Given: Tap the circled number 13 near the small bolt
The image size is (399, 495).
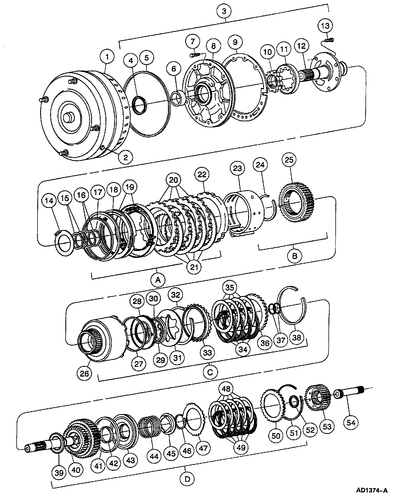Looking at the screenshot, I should (325, 26).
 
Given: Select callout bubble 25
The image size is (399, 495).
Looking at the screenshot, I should (289, 159).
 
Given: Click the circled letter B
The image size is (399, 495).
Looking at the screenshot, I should (294, 255).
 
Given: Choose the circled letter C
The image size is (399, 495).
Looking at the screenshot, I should (210, 372).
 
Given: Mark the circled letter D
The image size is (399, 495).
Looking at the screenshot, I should (188, 479).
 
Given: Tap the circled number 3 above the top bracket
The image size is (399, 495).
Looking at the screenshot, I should (224, 11).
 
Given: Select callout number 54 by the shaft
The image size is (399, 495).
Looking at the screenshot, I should (351, 422).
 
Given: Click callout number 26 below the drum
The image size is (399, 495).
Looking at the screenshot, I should (85, 373).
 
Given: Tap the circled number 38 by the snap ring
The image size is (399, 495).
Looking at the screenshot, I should (297, 337).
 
